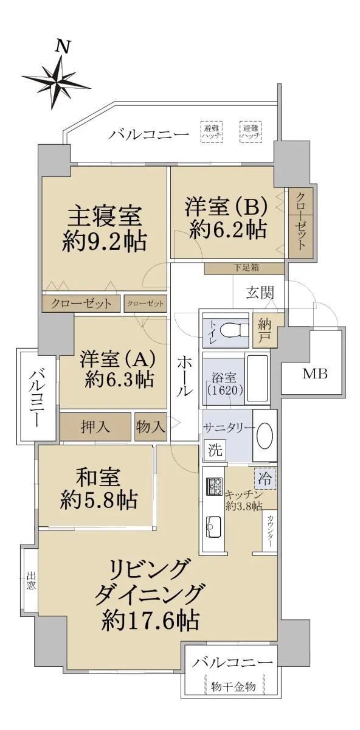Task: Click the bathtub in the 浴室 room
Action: point(258,378)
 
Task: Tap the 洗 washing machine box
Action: point(215,450)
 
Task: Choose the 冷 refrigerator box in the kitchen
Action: point(265,479)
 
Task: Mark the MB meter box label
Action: point(315,374)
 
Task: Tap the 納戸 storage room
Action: point(265,330)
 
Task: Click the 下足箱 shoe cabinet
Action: point(244,268)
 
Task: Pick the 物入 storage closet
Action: point(151,426)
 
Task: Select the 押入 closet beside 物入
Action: point(95,426)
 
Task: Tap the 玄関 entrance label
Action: point(260,293)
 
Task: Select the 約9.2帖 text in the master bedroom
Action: point(104,242)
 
